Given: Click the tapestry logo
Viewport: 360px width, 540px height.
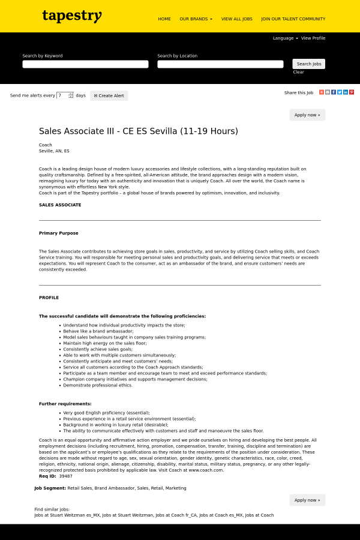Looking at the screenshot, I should pyautogui.click(x=72, y=16).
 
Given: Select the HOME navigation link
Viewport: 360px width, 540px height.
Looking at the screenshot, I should pyautogui.click(x=164, y=19).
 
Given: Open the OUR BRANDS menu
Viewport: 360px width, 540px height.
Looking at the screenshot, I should pyautogui.click(x=196, y=19).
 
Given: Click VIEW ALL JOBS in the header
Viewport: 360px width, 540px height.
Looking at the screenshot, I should pyautogui.click(x=236, y=19).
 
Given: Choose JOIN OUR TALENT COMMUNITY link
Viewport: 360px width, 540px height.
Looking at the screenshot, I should pyautogui.click(x=293, y=19).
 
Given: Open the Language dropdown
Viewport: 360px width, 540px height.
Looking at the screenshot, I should pyautogui.click(x=285, y=38).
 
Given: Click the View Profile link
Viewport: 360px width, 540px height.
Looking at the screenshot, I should pyautogui.click(x=313, y=38).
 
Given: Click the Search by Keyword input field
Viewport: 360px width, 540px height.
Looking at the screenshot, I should pyautogui.click(x=85, y=64).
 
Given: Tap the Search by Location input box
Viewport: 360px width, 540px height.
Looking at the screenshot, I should pyautogui.click(x=220, y=64).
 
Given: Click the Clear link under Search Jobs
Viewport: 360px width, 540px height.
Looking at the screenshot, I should pyautogui.click(x=298, y=72).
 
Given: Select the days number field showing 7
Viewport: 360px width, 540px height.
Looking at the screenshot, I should pyautogui.click(x=63, y=95).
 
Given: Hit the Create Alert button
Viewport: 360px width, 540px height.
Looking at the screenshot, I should pyautogui.click(x=109, y=95).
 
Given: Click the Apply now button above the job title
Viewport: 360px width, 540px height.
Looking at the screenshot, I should pyautogui.click(x=307, y=115).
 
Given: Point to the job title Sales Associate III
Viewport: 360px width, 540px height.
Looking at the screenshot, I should pyautogui.click(x=139, y=131).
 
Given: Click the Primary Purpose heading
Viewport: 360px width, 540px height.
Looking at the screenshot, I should pyautogui.click(x=59, y=233).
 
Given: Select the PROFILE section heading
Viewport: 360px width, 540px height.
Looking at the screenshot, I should pyautogui.click(x=49, y=298).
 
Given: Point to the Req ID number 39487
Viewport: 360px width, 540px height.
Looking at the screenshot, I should pyautogui.click(x=65, y=476).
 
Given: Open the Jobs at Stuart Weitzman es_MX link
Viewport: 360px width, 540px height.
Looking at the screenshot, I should pyautogui.click(x=67, y=515).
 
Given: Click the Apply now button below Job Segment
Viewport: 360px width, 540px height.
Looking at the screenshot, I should pyautogui.click(x=307, y=500).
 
